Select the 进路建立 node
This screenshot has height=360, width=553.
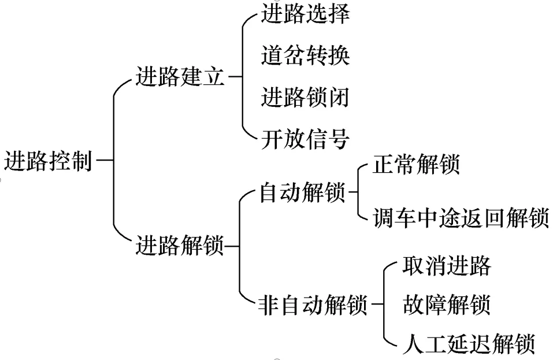tap(180, 77)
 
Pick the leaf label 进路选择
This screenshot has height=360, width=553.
tap(305, 14)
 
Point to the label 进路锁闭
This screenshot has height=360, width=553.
tap(305, 97)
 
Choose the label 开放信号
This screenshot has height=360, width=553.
tap(305, 139)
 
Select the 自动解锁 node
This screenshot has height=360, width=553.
tap(302, 193)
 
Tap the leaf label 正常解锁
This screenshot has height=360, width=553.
tap(416, 165)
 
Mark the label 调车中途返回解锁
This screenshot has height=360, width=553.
tap(460, 219)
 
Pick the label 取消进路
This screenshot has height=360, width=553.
tap(446, 266)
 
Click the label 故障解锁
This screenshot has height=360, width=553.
tap(446, 304)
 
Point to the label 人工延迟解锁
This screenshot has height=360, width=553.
tap(467, 343)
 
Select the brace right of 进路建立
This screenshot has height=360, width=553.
tap(242, 77)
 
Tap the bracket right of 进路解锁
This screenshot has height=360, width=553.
tap(239, 247)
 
